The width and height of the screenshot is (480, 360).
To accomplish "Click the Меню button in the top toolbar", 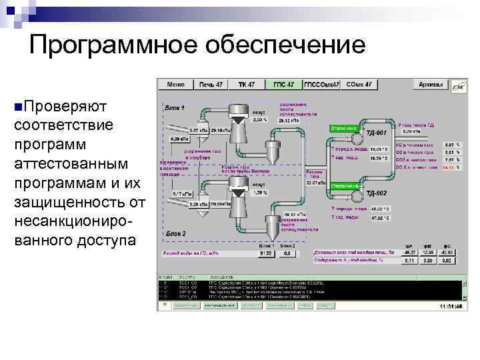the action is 176,85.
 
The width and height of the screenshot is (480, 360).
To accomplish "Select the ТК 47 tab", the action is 247,85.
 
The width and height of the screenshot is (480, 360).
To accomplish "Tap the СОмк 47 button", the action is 359,85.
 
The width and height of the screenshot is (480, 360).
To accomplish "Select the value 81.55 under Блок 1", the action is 266,254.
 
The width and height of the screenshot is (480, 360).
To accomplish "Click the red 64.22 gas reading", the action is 448,169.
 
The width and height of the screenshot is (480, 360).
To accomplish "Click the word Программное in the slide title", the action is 103,45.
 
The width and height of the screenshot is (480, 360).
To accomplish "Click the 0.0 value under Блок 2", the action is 288,254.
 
